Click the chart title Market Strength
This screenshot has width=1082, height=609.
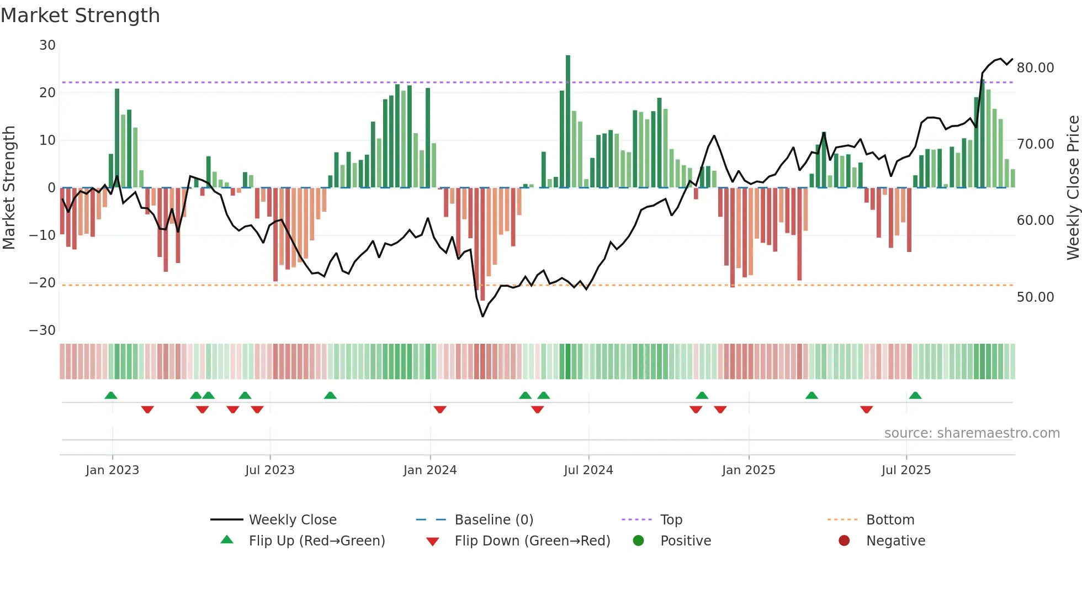click(x=80, y=15)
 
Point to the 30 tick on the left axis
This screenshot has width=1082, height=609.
click(x=47, y=45)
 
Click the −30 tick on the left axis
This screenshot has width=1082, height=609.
click(x=43, y=330)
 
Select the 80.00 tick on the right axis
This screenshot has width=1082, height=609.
click(x=1035, y=68)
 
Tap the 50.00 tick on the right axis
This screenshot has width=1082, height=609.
click(x=1035, y=297)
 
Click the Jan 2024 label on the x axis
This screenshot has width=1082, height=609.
click(x=429, y=470)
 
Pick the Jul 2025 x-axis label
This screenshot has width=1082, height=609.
click(x=905, y=470)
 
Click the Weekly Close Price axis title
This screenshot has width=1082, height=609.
click(x=1073, y=188)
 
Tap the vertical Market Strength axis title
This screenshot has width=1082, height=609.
click(x=9, y=188)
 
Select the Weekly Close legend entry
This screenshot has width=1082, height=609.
click(x=292, y=520)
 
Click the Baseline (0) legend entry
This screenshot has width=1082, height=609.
click(x=494, y=520)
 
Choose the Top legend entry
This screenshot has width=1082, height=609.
click(x=671, y=520)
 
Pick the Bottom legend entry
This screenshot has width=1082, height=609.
click(x=890, y=520)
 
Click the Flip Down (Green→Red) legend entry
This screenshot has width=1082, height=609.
click(x=532, y=541)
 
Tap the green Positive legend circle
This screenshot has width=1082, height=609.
click(x=638, y=541)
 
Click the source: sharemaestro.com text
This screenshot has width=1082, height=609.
click(x=972, y=433)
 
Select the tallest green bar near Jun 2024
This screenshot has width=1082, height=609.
click(x=567, y=122)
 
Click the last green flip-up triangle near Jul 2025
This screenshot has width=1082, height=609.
click(x=915, y=396)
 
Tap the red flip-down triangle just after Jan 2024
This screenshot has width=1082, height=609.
click(x=439, y=410)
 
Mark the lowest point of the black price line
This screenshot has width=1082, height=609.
click(x=482, y=316)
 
